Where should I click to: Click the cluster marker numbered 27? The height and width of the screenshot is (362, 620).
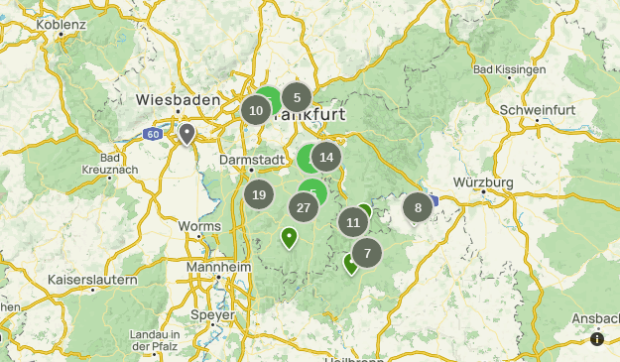[304, 207]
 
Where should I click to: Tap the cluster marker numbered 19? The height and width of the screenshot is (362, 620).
[259, 195]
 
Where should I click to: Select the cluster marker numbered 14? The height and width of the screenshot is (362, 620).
[326, 157]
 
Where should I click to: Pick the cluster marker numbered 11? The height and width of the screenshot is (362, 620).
[353, 222]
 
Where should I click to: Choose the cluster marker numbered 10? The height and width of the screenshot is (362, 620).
[256, 110]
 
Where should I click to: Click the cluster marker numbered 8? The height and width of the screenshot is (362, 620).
[418, 208]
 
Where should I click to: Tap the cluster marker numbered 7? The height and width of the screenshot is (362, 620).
[367, 253]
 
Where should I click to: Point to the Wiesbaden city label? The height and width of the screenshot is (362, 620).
[177, 99]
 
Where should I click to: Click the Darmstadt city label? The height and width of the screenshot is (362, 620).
[245, 158]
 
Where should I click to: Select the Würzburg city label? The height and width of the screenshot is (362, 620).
[483, 182]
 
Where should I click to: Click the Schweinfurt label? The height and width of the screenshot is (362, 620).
[537, 107]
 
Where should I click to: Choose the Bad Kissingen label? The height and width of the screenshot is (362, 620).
[509, 69]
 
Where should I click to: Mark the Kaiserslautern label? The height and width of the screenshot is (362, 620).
[92, 280]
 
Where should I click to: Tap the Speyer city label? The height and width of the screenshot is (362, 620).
[213, 314]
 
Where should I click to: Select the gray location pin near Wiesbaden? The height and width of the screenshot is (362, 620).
[187, 133]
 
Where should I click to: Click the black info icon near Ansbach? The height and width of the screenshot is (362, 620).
[597, 339]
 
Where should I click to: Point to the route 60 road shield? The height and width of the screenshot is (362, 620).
[152, 133]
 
